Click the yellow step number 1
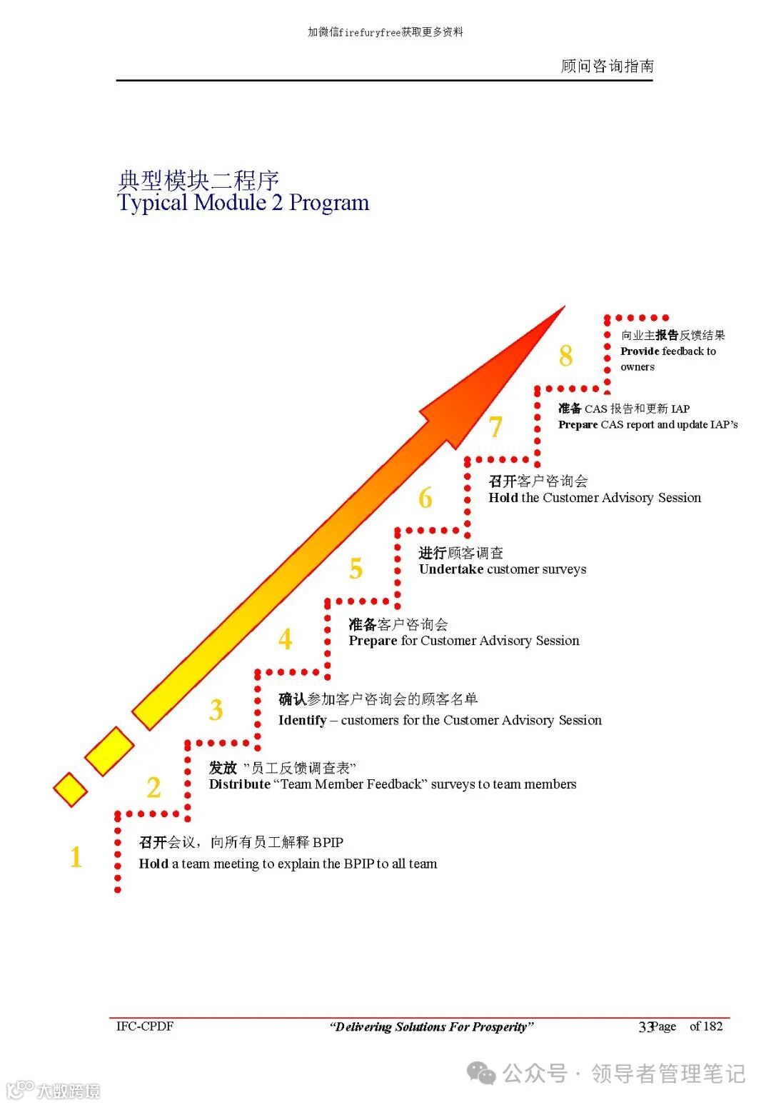tap(76, 857)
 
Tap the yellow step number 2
tap(153, 788)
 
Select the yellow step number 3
tap(216, 710)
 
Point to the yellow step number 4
tap(286, 639)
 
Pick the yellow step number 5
tap(356, 569)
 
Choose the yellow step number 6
tap(425, 498)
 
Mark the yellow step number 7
tap(495, 427)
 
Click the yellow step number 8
tap(565, 356)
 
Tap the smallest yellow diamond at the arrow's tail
tap(70, 789)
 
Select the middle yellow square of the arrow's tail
tap(109, 751)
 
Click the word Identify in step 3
tap(302, 720)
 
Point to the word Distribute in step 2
tap(239, 784)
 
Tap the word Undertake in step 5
tap(450, 569)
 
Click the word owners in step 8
tap(637, 367)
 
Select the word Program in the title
tap(329, 203)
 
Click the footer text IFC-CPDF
tap(145, 1026)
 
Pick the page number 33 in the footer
tap(645, 1027)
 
